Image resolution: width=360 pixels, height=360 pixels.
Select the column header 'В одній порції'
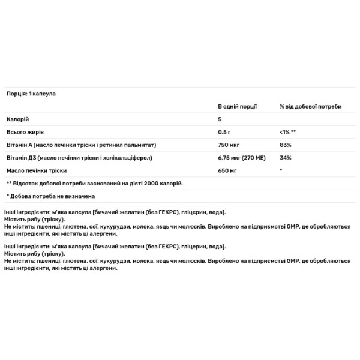pos(237,106)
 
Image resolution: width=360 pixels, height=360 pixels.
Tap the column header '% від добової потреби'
pos(310,106)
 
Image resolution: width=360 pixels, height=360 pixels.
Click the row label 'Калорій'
pos(17,119)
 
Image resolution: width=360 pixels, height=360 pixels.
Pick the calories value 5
pos(220,119)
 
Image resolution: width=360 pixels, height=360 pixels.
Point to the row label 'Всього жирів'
pos(25,132)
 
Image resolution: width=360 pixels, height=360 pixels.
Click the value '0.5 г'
pos(225,132)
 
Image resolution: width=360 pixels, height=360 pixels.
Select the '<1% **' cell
pos(289,132)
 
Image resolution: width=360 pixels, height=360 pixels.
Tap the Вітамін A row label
pos(81,145)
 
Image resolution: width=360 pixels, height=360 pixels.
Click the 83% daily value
pos(286,145)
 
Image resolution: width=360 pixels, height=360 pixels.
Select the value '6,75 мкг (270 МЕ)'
pos(244,158)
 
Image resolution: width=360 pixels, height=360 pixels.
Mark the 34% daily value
pos(286,158)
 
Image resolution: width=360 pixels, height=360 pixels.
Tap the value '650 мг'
pos(227,170)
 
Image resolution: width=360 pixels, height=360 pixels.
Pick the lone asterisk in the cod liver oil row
pos(281,170)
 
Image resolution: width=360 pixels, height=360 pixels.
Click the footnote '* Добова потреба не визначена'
pos(50,196)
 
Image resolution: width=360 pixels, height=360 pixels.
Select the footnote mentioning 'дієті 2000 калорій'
pos(94,183)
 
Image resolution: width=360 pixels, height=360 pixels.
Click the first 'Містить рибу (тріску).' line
pos(34,220)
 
